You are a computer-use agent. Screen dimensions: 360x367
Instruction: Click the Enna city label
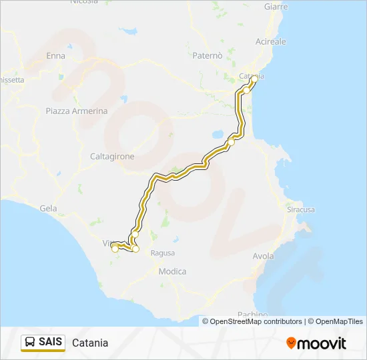click(55, 56)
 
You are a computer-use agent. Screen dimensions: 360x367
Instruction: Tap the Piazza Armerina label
click(77, 111)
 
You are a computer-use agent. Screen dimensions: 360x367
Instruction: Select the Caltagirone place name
click(112, 157)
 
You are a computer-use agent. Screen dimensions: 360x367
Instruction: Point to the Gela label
click(48, 208)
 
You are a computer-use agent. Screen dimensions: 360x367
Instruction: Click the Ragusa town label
click(163, 253)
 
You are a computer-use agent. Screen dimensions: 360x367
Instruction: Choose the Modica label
click(172, 271)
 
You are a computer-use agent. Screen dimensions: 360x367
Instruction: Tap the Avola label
click(264, 256)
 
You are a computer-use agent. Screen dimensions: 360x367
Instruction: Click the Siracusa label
click(300, 209)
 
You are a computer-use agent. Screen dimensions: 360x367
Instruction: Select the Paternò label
click(206, 56)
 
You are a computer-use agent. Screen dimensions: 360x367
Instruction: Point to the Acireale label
click(271, 41)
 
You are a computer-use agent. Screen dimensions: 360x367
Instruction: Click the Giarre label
click(276, 7)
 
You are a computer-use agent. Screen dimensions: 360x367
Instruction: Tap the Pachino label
click(252, 314)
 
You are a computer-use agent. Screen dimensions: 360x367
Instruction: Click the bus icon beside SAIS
click(30, 343)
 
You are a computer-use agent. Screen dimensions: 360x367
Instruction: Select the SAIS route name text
click(51, 343)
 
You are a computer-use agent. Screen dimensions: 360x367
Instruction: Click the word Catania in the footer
click(89, 343)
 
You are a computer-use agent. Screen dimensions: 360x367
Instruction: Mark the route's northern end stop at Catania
click(254, 79)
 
